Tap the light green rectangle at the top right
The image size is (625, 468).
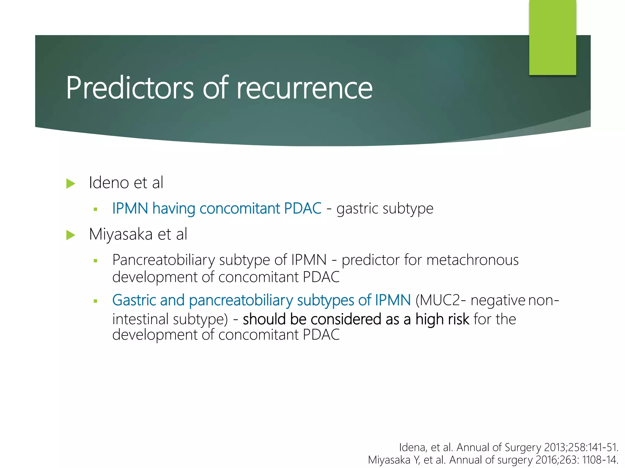552,37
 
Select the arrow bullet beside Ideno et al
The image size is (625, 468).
71,184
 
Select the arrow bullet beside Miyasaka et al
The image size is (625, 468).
71,235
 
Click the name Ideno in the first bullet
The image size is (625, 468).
109,183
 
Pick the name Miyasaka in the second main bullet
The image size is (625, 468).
121,235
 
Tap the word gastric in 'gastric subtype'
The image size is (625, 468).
357,209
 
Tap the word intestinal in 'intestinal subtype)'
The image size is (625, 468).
140,319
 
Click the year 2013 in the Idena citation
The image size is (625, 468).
555,447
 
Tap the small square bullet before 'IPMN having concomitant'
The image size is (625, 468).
96,209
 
